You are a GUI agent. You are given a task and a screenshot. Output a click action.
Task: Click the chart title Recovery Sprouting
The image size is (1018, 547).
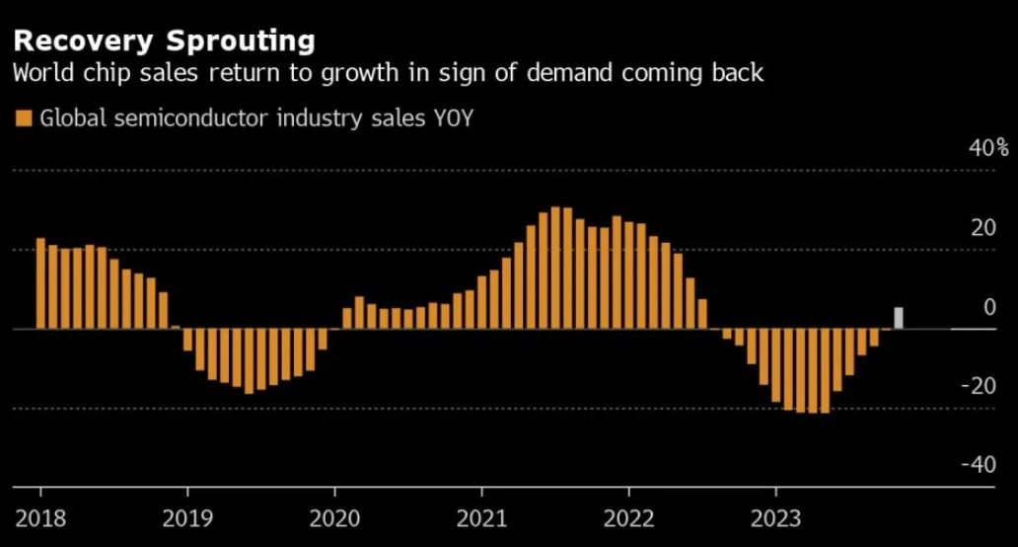[164, 40]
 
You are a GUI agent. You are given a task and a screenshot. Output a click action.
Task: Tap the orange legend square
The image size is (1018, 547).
[24, 118]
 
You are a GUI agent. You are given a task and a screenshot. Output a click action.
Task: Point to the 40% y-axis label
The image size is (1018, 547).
[988, 148]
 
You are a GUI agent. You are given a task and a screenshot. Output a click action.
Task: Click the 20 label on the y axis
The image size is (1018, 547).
[983, 228]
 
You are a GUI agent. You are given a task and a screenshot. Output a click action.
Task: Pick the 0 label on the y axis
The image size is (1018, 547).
[989, 307]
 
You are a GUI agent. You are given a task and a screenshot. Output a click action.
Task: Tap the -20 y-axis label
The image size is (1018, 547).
[979, 386]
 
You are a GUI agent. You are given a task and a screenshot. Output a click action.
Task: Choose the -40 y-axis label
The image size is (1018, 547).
[979, 465]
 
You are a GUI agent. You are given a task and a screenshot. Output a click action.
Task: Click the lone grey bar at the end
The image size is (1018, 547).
[899, 318]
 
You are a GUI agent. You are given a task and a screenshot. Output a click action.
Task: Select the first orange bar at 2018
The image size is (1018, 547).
[41, 283]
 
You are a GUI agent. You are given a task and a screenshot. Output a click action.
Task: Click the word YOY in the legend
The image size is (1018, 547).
[456, 118]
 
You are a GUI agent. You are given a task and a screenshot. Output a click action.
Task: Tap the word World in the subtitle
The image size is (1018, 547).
[39, 73]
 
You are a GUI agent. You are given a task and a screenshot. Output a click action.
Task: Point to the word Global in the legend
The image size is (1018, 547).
[68, 118]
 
